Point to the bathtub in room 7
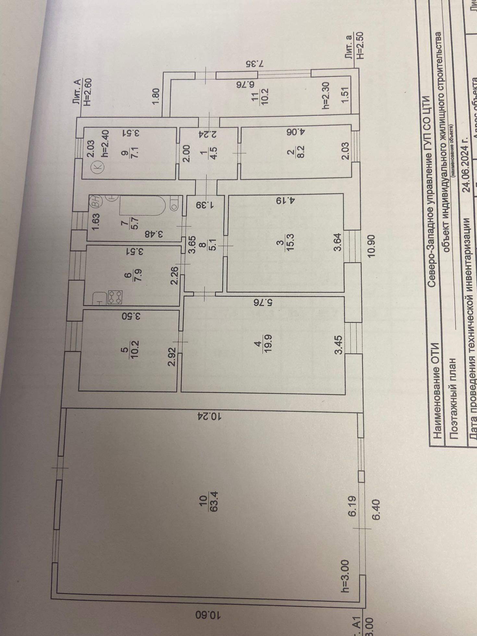pos(142,206)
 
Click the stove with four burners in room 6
pos(115,297)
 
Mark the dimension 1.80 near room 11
pos(156,96)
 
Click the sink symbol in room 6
pos(99,299)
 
